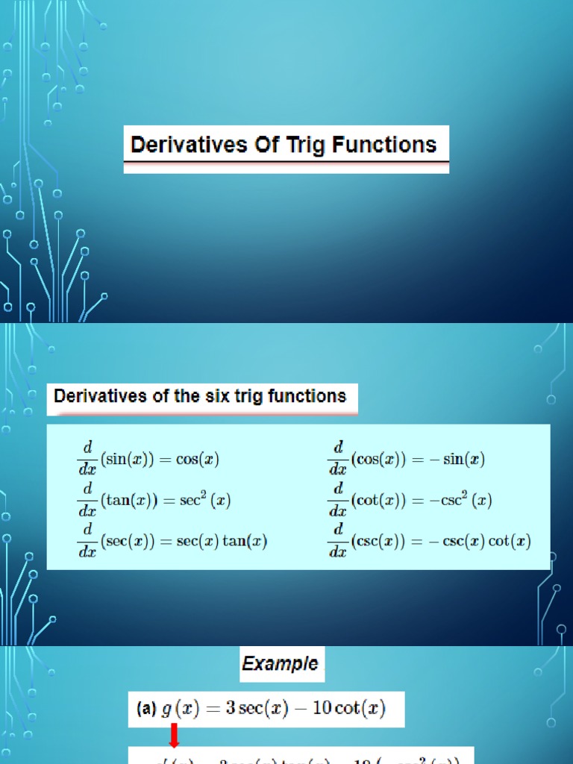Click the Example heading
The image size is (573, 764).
tap(280, 663)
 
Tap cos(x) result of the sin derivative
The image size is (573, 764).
tap(197, 460)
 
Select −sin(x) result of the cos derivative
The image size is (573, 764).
tap(457, 460)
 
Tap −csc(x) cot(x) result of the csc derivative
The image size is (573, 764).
tap(488, 541)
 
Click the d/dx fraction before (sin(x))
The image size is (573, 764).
tap(87, 457)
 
